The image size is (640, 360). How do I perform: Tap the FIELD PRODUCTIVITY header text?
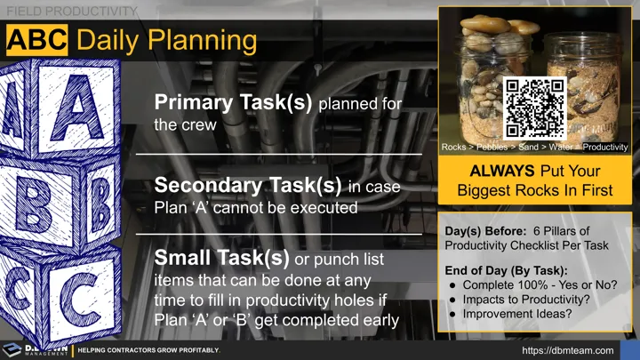71,11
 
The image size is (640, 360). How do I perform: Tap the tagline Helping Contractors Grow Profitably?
148,350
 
